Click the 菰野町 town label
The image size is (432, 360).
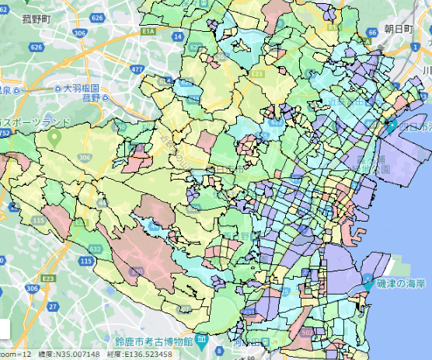point(38,18)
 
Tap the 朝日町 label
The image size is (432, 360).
point(399,30)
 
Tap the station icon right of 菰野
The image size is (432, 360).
point(108,97)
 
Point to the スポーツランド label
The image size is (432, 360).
point(37,122)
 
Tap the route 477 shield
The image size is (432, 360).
point(138,70)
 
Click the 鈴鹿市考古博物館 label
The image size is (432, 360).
point(153,341)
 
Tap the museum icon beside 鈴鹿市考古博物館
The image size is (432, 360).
point(201,341)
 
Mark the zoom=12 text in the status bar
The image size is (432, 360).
point(16,355)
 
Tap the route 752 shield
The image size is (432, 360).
point(5,134)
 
